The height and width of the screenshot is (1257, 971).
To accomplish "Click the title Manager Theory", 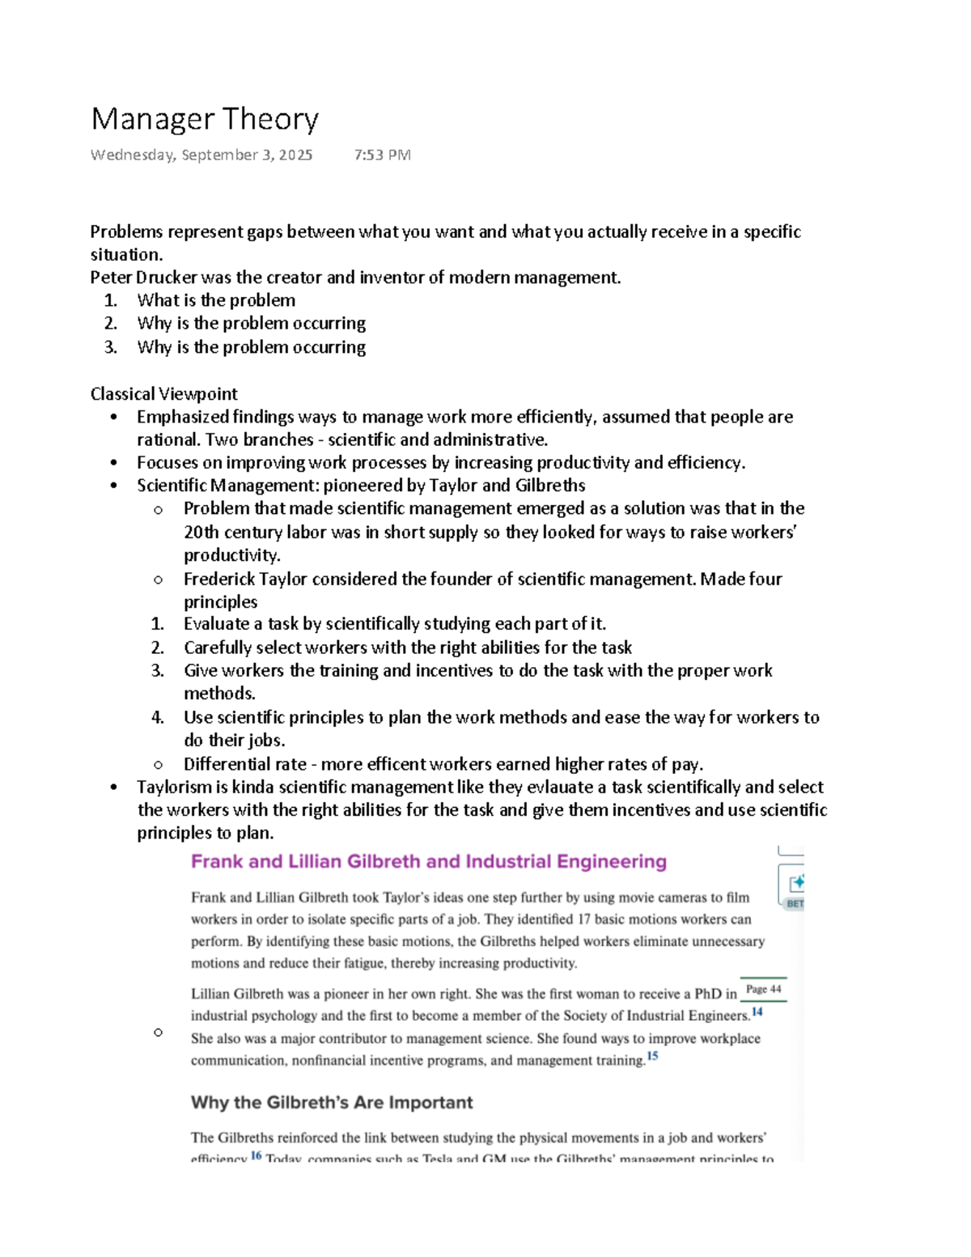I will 205,119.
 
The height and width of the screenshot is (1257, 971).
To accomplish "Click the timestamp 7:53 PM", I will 382,155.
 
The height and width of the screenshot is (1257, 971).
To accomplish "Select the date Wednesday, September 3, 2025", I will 201,155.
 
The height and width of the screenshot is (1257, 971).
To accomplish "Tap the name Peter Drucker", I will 143,278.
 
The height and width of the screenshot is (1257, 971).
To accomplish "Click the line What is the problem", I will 216,300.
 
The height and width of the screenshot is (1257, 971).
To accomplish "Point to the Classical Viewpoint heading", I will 163,394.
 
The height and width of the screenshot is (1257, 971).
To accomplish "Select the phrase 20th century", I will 231,533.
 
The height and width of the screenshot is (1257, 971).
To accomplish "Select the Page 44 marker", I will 763,990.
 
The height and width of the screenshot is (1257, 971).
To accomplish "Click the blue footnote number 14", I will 757,1012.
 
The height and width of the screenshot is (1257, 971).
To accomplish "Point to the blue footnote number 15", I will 652,1056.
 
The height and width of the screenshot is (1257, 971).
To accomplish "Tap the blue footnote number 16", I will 256,1156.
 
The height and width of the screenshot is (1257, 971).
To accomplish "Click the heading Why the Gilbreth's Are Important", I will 332,1102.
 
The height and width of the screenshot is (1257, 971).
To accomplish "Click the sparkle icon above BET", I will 796,882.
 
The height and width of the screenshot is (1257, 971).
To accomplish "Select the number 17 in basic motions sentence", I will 586,919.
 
